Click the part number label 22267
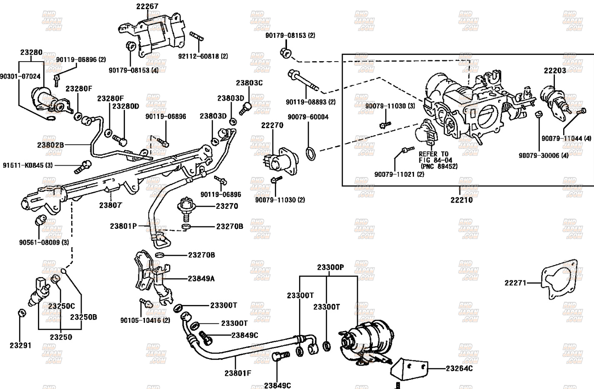pyautogui.click(x=147, y=6)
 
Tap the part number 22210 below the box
pyautogui.click(x=462, y=200)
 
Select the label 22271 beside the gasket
pyautogui.click(x=515, y=283)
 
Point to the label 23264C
pyautogui.click(x=459, y=368)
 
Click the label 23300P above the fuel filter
pyautogui.click(x=330, y=268)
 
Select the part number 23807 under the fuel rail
pyautogui.click(x=110, y=205)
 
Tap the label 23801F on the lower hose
pyautogui.click(x=238, y=373)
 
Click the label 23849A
pyautogui.click(x=201, y=279)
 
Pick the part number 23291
pyautogui.click(x=20, y=345)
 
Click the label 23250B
pyautogui.click(x=83, y=317)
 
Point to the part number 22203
pyautogui.click(x=555, y=71)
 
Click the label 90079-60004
pyautogui.click(x=308, y=117)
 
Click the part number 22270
pyautogui.click(x=272, y=125)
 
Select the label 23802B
pyautogui.click(x=50, y=145)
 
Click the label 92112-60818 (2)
pyautogui.click(x=203, y=56)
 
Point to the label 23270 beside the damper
pyautogui.click(x=227, y=206)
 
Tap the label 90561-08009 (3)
pyautogui.click(x=44, y=242)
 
